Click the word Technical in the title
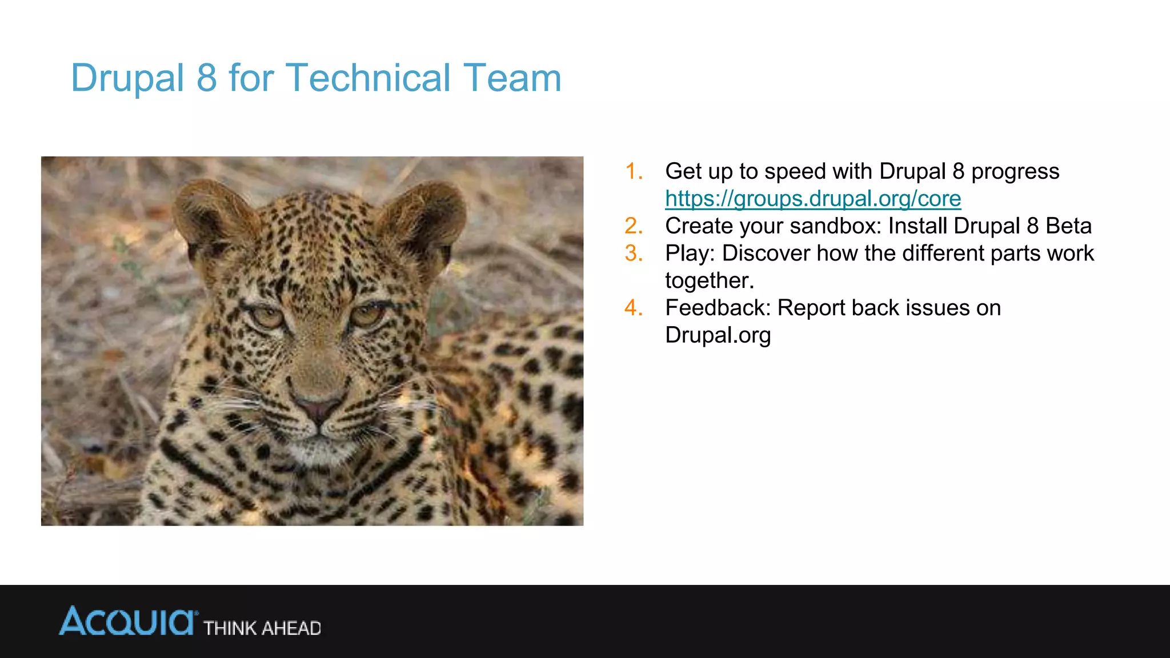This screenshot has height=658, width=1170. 368,78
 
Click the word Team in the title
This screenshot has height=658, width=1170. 512,78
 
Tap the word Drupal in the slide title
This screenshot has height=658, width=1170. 127,78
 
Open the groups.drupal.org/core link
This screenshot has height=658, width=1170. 813,199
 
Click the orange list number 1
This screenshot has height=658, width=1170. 634,171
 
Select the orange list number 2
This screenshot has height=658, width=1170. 634,226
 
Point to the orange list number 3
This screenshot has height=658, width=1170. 634,253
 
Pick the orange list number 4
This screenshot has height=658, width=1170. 634,308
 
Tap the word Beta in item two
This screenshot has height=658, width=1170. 1068,226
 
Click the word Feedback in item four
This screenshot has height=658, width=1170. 718,308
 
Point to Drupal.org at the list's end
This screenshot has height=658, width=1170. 718,335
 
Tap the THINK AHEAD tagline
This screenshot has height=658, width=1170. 262,628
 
